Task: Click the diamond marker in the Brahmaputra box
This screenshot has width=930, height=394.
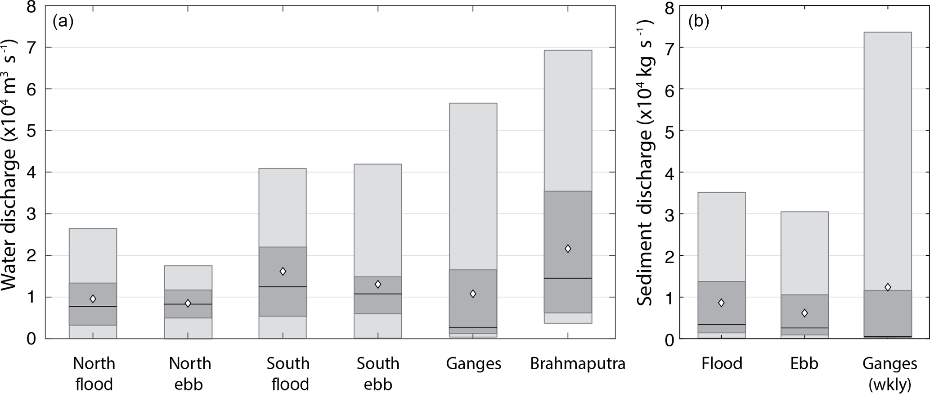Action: tap(568, 249)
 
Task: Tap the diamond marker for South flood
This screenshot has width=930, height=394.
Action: tap(283, 271)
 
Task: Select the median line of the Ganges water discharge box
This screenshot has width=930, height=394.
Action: tap(473, 327)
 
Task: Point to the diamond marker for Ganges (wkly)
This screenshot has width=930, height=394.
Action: tap(888, 287)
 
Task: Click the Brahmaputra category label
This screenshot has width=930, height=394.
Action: tap(578, 363)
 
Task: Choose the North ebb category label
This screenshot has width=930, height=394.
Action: tap(190, 374)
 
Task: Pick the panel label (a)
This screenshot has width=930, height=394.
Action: tap(63, 22)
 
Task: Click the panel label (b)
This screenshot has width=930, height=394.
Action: tap(699, 22)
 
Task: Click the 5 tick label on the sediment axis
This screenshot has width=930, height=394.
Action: tap(669, 131)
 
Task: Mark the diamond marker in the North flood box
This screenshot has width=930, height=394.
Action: tap(93, 299)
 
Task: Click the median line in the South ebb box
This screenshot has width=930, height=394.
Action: tap(378, 294)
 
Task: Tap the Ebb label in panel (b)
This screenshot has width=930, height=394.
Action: tap(804, 363)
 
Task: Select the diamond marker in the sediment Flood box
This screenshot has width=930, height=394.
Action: tap(721, 303)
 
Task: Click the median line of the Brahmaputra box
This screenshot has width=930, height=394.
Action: tap(568, 278)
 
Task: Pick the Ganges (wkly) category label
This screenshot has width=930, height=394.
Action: tap(890, 374)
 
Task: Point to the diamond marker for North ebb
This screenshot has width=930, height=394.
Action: tap(188, 303)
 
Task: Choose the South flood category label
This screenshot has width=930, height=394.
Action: tap(288, 374)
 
